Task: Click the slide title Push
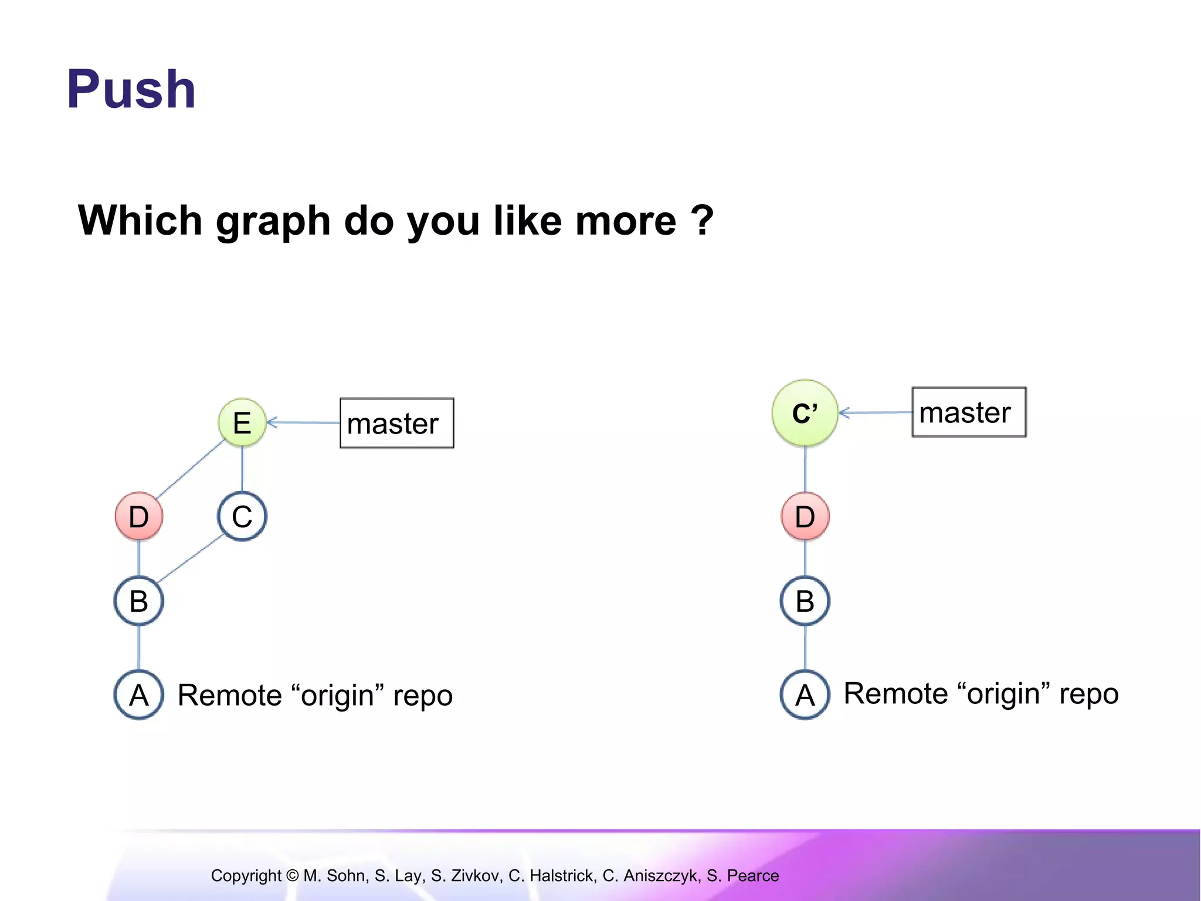coord(131,89)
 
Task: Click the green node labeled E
coord(242,422)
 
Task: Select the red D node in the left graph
coord(139,516)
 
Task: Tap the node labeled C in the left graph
coord(242,516)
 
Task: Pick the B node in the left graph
coord(139,601)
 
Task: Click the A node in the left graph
coord(139,695)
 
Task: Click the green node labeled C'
coord(805,413)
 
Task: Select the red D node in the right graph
coord(805,516)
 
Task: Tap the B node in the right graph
coord(805,601)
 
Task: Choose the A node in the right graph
coord(805,695)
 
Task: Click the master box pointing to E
coord(397,423)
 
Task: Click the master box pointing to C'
coord(969,412)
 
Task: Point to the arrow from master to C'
coord(875,413)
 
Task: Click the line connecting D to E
coord(190,469)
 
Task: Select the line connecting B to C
coord(190,558)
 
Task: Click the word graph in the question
coord(273,221)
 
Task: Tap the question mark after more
coord(702,220)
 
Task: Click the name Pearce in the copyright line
coord(753,876)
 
